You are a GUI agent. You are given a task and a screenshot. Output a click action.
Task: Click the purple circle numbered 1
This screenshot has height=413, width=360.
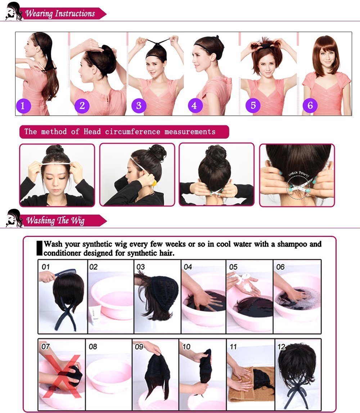pos(23,106)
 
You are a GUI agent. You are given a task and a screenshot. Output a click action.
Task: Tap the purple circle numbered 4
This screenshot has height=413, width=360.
pos(195,106)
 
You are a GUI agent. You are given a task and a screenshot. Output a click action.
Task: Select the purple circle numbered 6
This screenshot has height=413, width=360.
pos(310,106)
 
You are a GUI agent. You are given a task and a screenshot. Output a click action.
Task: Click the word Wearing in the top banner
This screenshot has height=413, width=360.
pos(39,13)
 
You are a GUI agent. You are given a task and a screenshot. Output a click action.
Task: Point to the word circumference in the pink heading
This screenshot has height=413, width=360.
pos(132,131)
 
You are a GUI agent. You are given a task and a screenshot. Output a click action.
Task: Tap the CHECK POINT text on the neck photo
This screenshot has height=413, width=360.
pos(299,174)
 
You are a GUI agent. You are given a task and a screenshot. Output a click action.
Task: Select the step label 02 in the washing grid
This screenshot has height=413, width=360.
pos(94,267)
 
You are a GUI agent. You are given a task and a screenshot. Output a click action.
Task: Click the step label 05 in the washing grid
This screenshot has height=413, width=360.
pos(233,267)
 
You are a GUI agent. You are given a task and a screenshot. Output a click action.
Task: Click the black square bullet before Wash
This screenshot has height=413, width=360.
pos(39,248)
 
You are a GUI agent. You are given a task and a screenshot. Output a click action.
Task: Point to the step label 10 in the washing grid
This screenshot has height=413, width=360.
pos(186,347)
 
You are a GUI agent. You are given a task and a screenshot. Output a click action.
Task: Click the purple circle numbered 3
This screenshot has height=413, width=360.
pos(139,106)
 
